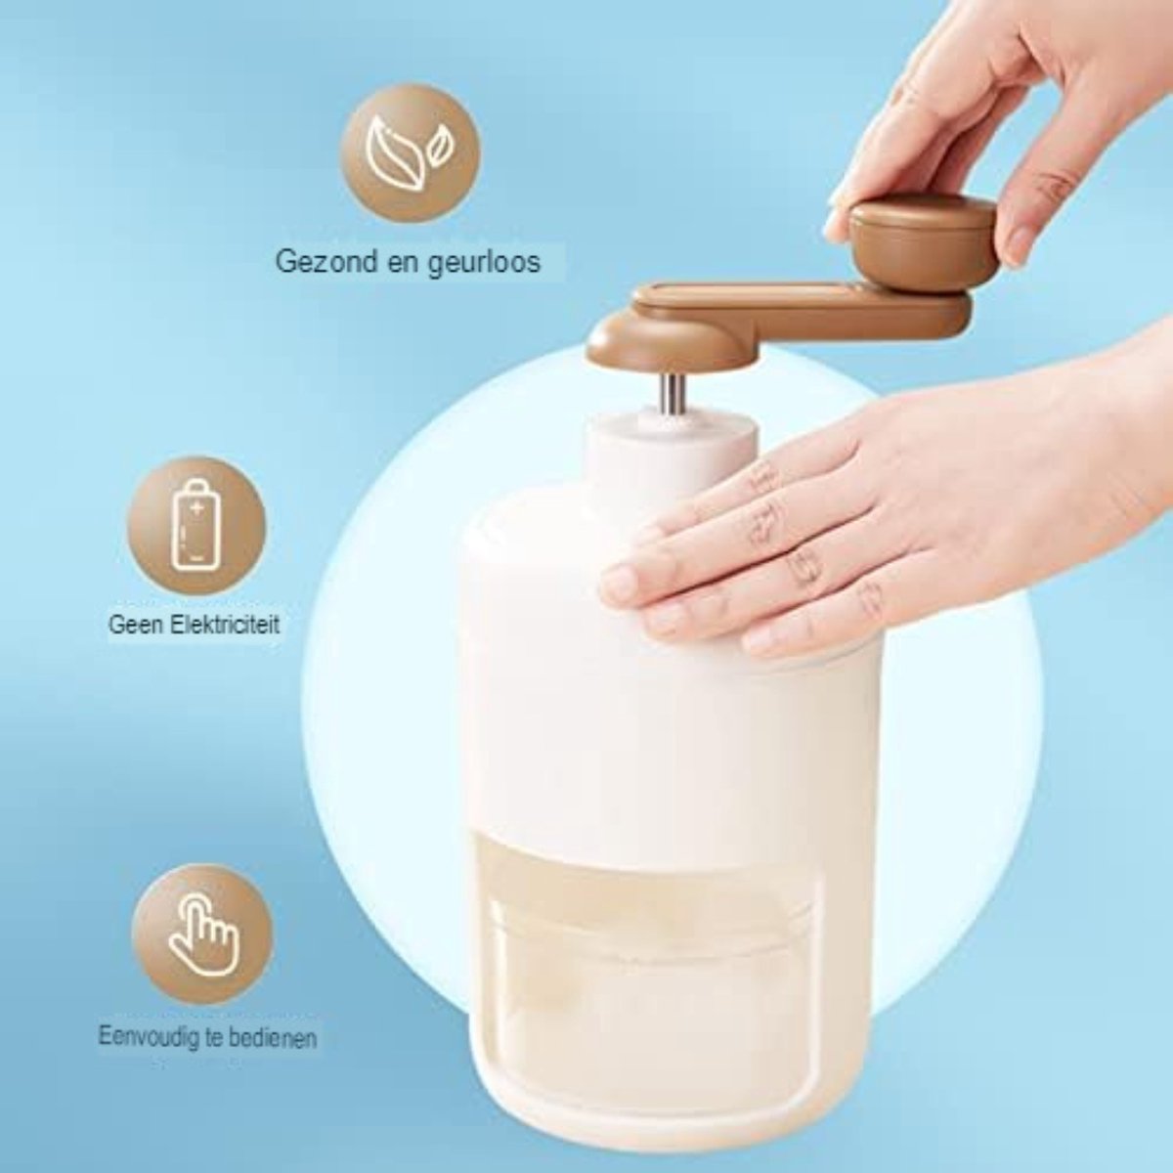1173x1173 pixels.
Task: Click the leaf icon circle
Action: click(410, 152)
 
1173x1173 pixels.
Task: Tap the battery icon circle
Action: click(196, 526)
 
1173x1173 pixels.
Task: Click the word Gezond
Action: click(326, 262)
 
